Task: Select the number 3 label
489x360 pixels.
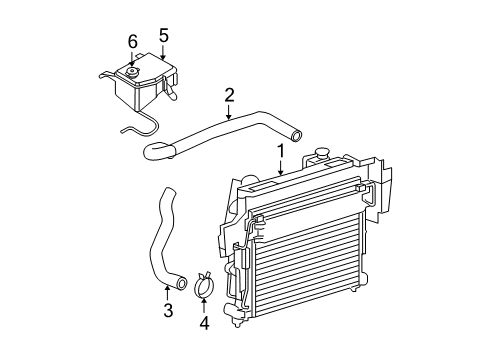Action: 168,311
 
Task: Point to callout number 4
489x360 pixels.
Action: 205,323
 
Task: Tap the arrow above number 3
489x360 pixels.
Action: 168,292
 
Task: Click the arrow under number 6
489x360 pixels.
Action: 131,58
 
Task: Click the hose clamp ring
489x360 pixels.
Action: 206,282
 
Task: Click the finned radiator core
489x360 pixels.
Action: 300,260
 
